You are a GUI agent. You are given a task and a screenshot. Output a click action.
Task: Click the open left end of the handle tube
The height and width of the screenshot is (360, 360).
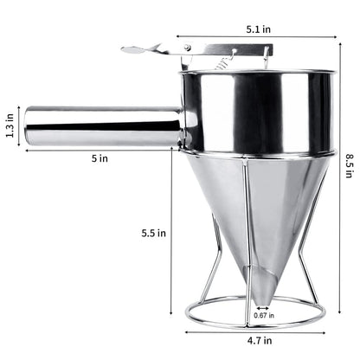tap(28, 126)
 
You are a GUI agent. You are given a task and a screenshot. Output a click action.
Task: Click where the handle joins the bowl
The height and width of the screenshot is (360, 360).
tap(182, 125)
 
